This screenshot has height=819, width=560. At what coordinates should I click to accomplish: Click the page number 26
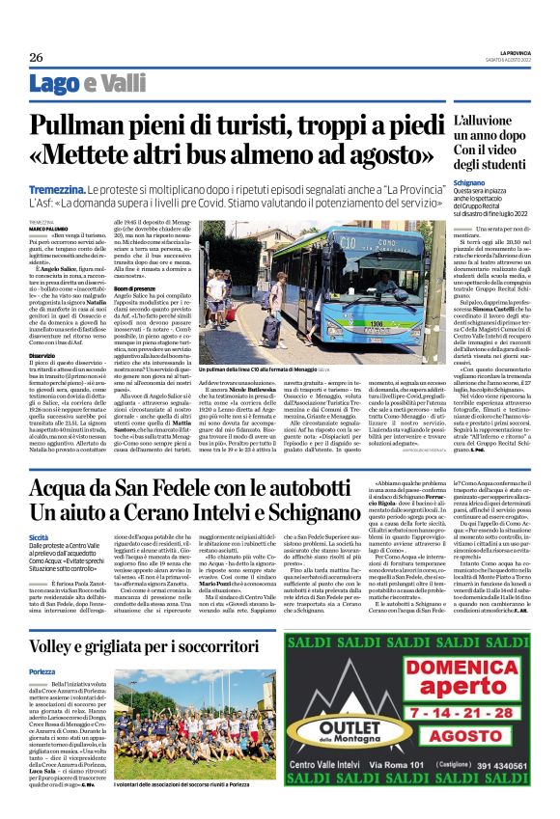pos(36,56)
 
